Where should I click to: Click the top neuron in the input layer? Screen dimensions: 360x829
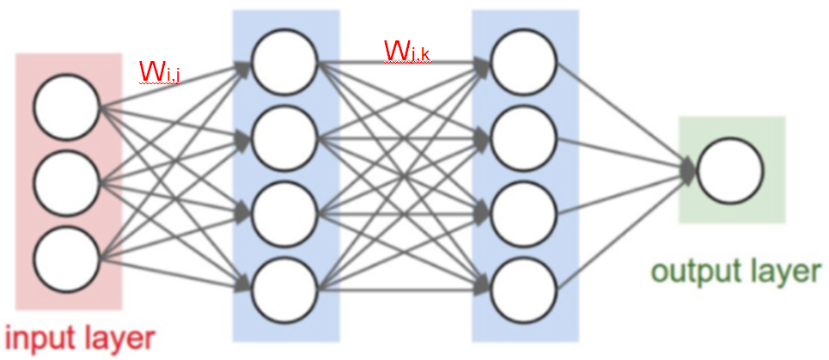click(67, 107)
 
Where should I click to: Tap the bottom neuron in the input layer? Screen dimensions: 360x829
click(67, 256)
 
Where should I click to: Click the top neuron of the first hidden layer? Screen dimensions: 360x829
click(284, 62)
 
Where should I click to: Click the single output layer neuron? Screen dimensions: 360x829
click(730, 169)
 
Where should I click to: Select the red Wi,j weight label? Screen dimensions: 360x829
click(159, 73)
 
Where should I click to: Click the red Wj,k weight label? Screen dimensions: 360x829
click(406, 52)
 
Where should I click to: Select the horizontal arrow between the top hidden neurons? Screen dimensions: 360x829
click(404, 62)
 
